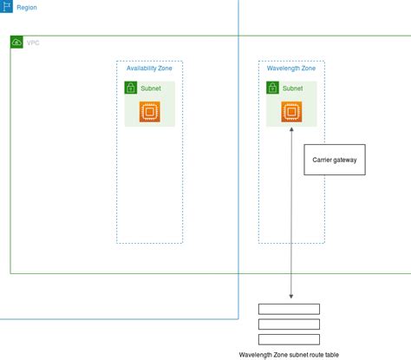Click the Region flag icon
point(6,6)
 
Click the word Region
point(27,7)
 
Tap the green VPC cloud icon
point(16,42)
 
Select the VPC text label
point(33,43)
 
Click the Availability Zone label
point(149,68)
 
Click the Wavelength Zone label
point(290,68)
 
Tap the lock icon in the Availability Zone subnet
point(131,88)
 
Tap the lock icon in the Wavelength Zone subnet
point(272,88)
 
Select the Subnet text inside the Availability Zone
point(151,88)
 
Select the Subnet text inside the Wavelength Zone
point(292,88)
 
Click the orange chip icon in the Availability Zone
point(150,111)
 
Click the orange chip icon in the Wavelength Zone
point(291,111)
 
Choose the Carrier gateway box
point(334,160)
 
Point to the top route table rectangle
point(289,309)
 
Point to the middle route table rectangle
point(289,324)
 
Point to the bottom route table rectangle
point(289,339)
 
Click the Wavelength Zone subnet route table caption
point(290,355)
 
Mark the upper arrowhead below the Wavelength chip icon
point(291,128)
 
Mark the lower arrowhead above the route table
point(291,297)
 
